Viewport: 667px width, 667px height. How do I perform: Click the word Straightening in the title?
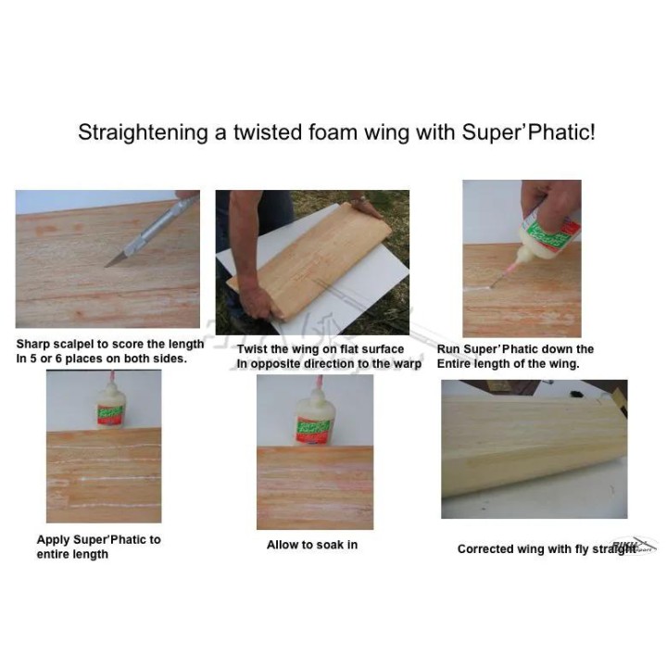[x=143, y=132]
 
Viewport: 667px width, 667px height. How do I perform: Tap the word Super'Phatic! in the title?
[x=528, y=132]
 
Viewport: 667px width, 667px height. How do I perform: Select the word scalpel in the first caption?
[x=74, y=344]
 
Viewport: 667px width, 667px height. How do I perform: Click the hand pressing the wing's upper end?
[x=365, y=208]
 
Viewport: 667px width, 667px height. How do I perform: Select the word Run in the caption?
[x=447, y=349]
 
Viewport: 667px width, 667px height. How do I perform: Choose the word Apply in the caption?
[x=51, y=541]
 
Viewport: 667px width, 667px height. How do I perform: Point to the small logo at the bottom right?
[x=635, y=546]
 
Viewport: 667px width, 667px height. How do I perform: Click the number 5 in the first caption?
[x=33, y=359]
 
